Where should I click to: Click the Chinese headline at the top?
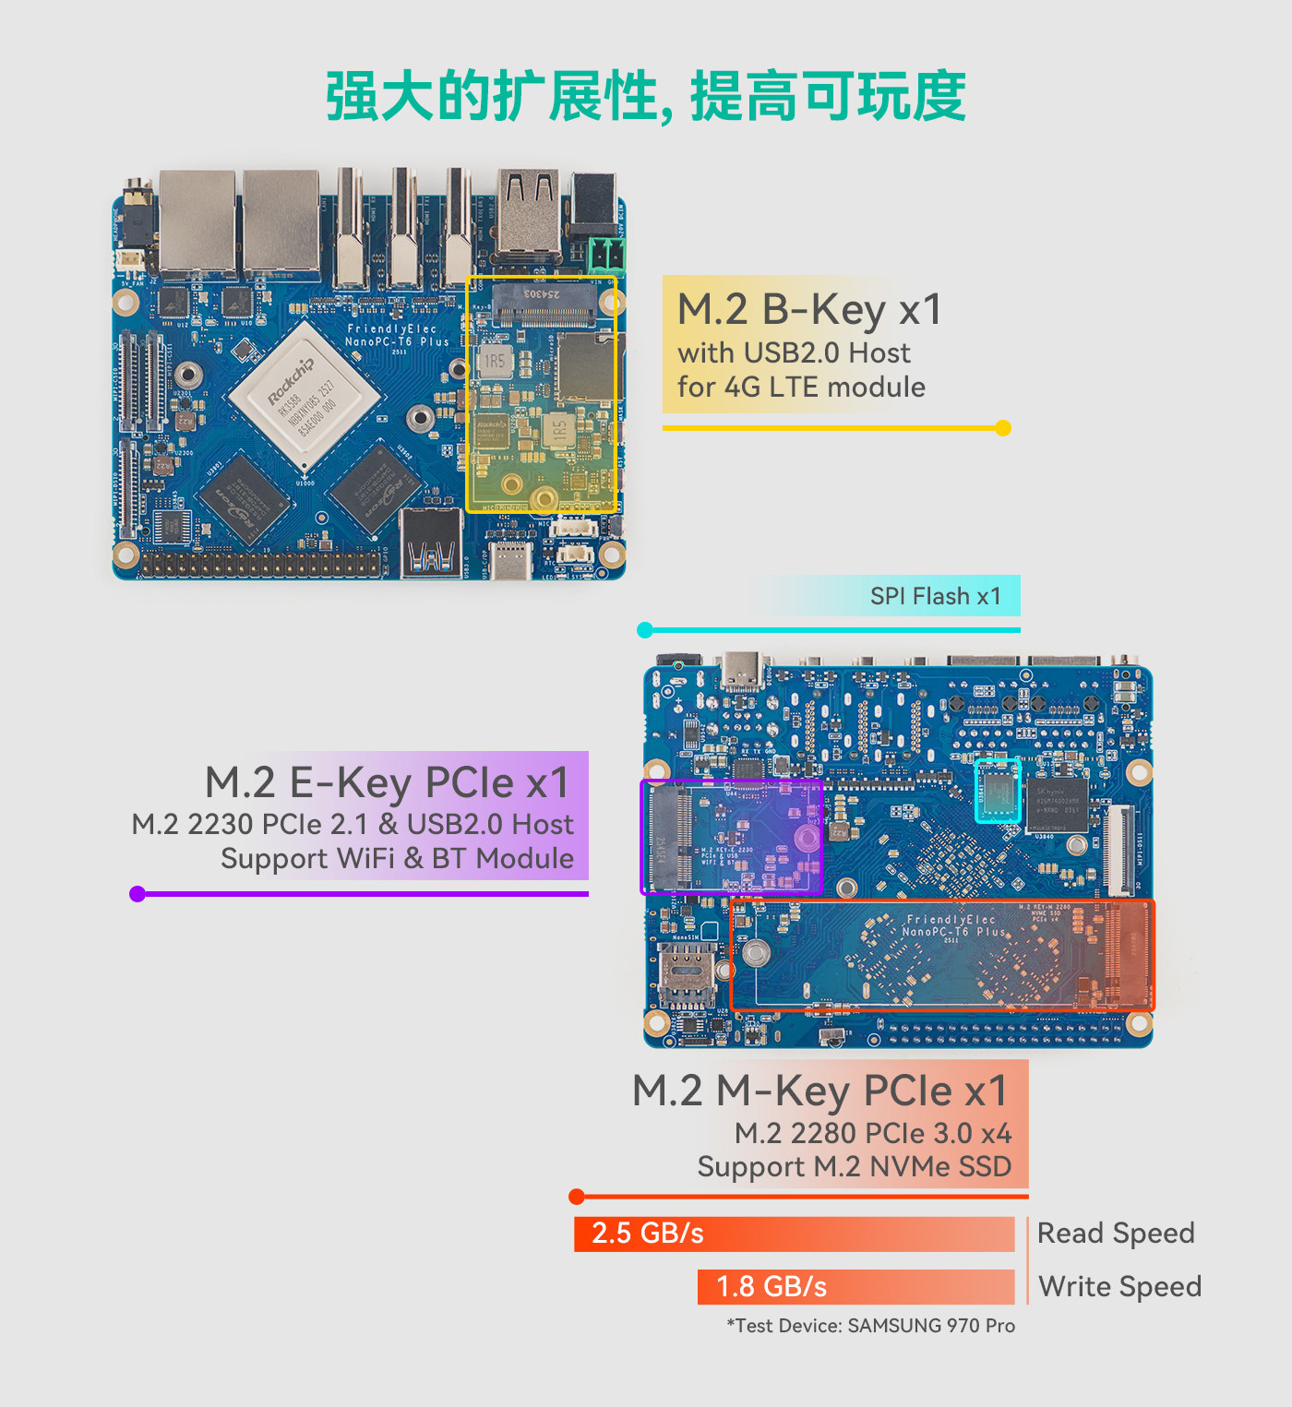645,96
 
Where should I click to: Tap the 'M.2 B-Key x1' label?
809,309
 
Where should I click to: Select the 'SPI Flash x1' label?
935,596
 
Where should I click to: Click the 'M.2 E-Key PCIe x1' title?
387,782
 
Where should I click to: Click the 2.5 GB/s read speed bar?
794,1234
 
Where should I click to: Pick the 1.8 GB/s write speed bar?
855,1286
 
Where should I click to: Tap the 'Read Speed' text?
1116,1234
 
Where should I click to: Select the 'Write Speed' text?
1119,1286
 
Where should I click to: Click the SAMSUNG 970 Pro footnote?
870,1326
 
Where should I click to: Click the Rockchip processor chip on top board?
305,396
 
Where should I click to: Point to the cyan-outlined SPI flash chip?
998,791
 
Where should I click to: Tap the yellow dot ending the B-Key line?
1003,428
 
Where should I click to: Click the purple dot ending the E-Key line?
138,893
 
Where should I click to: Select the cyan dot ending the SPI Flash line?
645,630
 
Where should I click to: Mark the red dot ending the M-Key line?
577,1197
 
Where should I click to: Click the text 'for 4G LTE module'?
801,387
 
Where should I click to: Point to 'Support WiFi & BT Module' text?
397,858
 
